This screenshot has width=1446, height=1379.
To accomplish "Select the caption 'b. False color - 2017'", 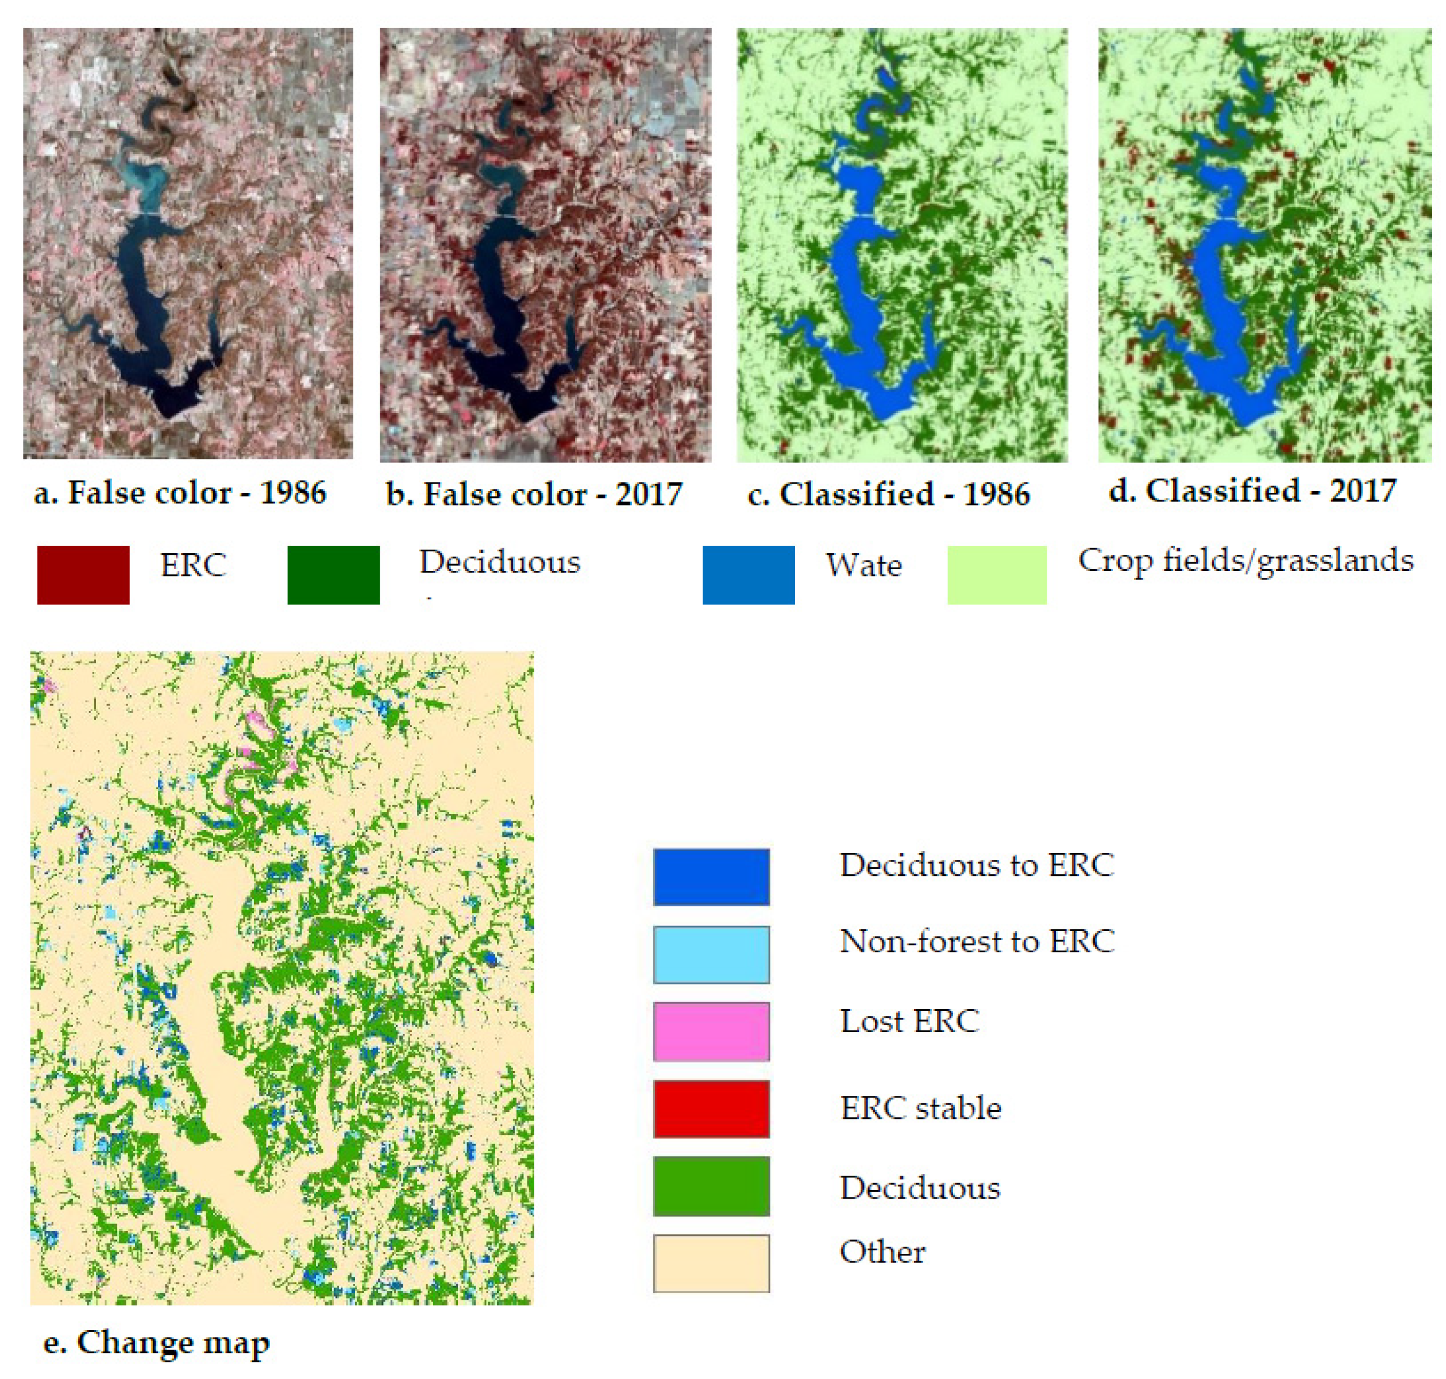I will [x=534, y=495].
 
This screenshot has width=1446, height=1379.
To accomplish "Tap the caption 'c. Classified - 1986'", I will [x=888, y=495].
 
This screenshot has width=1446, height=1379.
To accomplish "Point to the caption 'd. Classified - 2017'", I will [x=1252, y=491].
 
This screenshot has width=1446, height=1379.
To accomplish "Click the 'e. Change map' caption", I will [x=157, y=1342].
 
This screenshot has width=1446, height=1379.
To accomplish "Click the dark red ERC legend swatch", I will [x=83, y=575].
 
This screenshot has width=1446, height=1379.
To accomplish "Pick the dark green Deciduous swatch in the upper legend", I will [x=333, y=575].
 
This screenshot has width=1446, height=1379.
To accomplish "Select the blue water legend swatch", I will [x=749, y=575].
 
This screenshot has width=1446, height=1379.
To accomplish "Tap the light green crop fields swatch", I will [x=996, y=575].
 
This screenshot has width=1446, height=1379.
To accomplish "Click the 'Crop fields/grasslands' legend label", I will [x=1246, y=561].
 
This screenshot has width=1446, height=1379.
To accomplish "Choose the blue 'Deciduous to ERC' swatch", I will [x=711, y=876].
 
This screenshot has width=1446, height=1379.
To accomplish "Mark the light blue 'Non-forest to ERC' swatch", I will [x=711, y=954].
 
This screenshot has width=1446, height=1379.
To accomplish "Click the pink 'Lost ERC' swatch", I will [x=711, y=1032].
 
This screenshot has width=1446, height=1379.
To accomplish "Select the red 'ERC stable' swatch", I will [x=711, y=1108].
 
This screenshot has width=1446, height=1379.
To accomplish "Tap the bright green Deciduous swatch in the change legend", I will [x=711, y=1185].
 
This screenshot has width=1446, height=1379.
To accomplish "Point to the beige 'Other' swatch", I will [x=711, y=1263].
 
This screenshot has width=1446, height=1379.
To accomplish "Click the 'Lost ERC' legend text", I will [x=909, y=1021].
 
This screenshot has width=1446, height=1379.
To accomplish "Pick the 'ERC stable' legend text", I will [x=920, y=1108].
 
